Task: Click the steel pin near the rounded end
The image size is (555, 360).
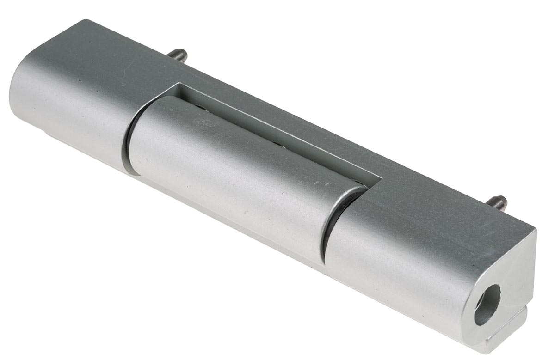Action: coord(178,55)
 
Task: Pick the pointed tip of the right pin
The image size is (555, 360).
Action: coord(504,200)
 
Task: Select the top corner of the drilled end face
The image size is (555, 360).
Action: coord(534,230)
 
